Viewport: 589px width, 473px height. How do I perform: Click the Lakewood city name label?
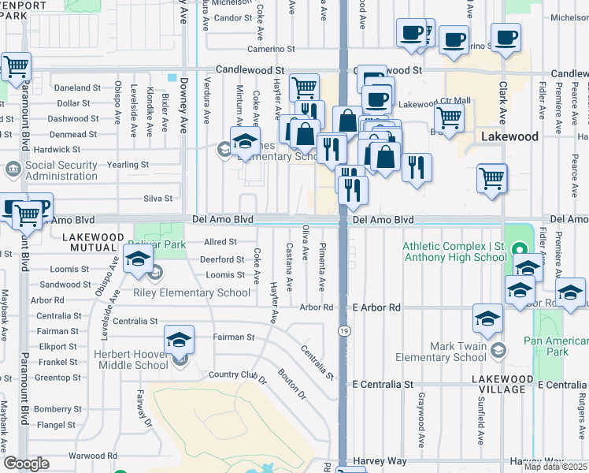pos(509,136)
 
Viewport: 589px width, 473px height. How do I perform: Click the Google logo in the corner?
pos(27,464)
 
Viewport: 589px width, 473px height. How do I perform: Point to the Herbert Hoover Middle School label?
pos(130,360)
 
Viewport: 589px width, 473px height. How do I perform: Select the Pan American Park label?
pos(557,346)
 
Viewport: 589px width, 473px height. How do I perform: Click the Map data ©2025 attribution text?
pos(555,467)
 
